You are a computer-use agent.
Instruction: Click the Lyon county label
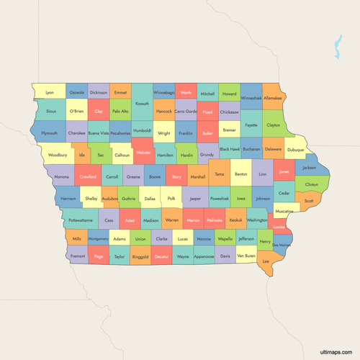[x=50, y=93]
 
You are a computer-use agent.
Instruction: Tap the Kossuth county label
[x=142, y=104]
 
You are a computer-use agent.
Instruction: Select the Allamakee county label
[x=273, y=97]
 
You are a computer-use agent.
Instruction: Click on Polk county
[x=171, y=198]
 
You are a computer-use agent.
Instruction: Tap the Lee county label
[x=266, y=261]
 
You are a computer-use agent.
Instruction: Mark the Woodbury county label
[x=58, y=155]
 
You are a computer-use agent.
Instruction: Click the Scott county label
[x=309, y=201]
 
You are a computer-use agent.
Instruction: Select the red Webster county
[x=143, y=154]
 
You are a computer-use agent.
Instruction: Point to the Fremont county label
[x=78, y=256]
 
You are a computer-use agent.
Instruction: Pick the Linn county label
[x=263, y=174]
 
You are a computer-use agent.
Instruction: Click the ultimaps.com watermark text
[x=338, y=352]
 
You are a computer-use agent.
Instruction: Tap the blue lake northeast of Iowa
[x=338, y=49]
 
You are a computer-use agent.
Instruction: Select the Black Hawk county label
[x=230, y=149]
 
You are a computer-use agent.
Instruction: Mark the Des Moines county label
[x=282, y=245]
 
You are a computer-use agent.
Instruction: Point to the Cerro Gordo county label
[x=186, y=112]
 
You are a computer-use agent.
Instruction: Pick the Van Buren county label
[x=246, y=256]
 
